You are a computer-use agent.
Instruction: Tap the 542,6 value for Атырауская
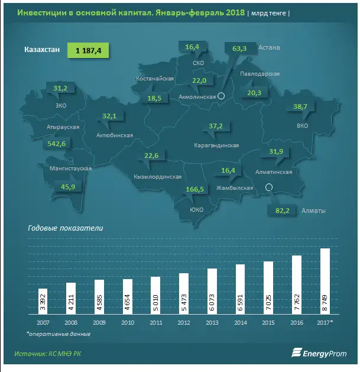[x=60, y=144]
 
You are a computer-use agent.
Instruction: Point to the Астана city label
[x=269, y=47]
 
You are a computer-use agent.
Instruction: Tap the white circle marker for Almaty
[x=269, y=188]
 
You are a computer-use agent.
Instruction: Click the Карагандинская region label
[x=216, y=145]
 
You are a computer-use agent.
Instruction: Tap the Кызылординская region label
[x=157, y=176]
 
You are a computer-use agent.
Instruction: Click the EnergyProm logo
[x=316, y=354]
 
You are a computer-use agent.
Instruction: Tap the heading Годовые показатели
[x=66, y=228]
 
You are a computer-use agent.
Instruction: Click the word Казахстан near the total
[x=42, y=50]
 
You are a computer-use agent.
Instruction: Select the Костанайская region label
[x=154, y=78]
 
